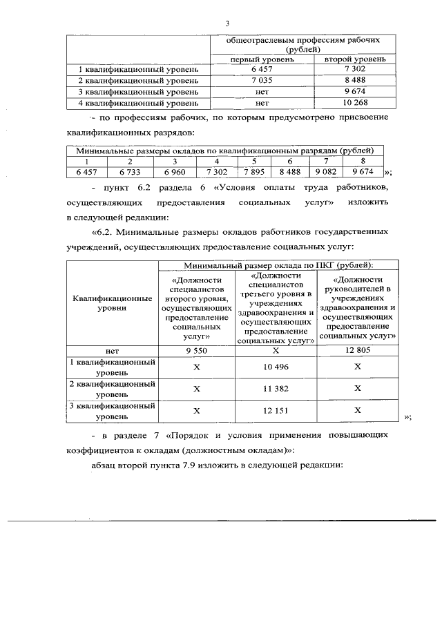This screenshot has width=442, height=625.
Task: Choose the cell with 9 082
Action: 326,171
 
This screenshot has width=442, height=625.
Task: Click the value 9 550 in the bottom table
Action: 197,351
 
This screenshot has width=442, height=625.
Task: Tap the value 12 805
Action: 357,351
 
